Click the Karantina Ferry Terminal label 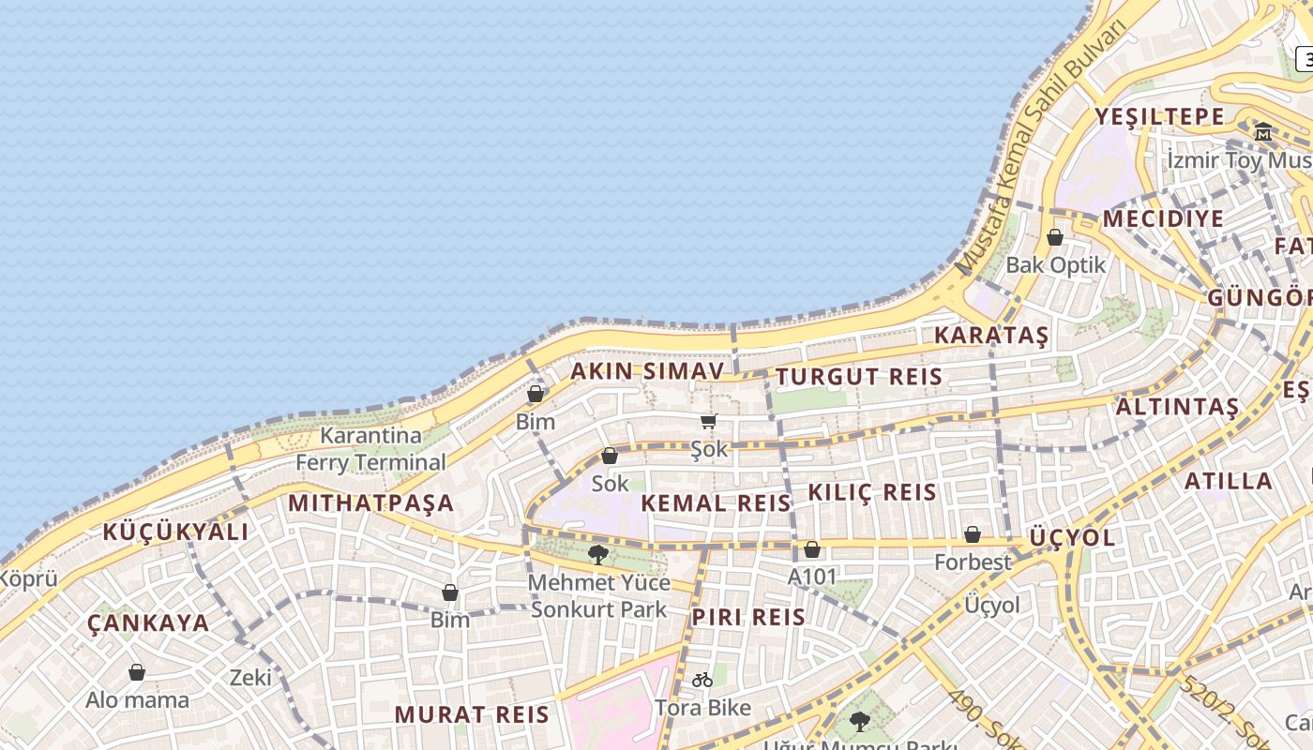tap(370, 449)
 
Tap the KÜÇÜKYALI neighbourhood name tap(175, 532)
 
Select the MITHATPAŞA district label tap(370, 502)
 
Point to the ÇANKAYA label tap(148, 623)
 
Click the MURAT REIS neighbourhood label tap(472, 714)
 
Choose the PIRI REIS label tap(748, 617)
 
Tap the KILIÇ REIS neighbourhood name tap(872, 492)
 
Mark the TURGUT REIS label tap(858, 377)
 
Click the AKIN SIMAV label tap(648, 371)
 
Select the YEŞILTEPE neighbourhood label tap(1160, 117)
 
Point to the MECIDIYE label tap(1163, 219)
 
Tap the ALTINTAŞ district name tap(1177, 407)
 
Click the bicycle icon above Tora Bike tap(702, 680)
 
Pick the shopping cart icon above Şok tap(709, 422)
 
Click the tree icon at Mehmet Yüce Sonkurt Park tap(598, 555)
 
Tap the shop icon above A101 tap(812, 549)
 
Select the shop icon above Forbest tap(973, 534)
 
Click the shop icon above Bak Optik tap(1055, 237)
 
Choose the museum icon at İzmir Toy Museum tap(1263, 131)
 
